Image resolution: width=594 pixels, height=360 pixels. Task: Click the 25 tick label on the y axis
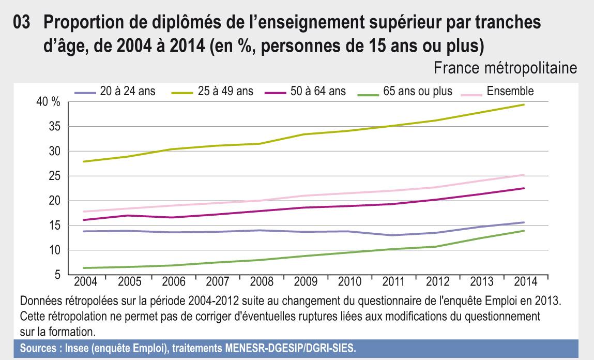click(x=54, y=176)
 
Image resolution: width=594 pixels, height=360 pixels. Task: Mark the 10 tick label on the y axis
click(x=54, y=250)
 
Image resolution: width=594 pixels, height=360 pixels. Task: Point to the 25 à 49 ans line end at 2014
click(x=525, y=104)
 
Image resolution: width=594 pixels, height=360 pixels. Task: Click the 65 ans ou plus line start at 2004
click(x=83, y=268)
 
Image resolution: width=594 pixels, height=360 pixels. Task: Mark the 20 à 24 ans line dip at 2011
click(x=393, y=235)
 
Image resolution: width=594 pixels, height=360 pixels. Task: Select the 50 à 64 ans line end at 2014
click(x=525, y=188)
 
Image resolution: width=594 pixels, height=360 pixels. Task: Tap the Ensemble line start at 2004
click(x=83, y=212)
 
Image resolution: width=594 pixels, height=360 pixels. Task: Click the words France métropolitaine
click(x=506, y=68)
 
